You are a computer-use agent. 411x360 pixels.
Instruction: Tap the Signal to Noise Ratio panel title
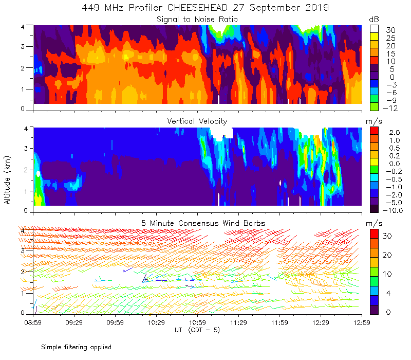(x=197, y=19)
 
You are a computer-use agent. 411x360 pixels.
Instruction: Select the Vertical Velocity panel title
(x=197, y=121)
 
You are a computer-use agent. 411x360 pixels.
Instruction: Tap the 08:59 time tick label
(x=33, y=322)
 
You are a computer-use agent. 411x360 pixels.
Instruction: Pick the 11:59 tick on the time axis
(x=280, y=322)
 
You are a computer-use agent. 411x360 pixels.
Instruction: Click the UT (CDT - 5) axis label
(x=197, y=330)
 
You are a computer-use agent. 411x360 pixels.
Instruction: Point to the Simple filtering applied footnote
(x=76, y=347)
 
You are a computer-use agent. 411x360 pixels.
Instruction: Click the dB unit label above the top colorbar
(x=374, y=19)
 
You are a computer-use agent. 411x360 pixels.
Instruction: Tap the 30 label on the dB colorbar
(x=391, y=30)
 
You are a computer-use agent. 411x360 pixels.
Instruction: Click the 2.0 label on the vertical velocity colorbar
(x=392, y=132)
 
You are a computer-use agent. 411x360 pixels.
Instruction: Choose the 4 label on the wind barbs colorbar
(x=389, y=293)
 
